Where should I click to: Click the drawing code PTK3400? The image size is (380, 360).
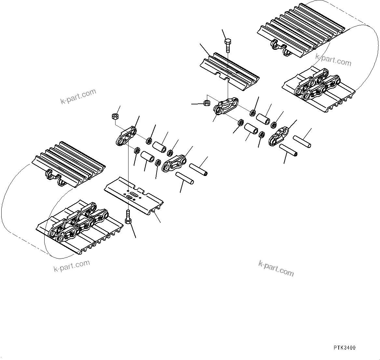click(344, 348)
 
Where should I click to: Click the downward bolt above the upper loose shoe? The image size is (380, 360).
click(228, 46)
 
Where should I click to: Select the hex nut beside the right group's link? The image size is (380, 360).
click(206, 103)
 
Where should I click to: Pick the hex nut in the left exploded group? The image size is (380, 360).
click(115, 116)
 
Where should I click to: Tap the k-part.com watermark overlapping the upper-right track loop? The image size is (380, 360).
click(333, 60)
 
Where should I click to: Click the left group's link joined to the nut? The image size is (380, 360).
click(126, 137)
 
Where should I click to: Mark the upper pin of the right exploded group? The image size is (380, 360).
click(302, 141)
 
